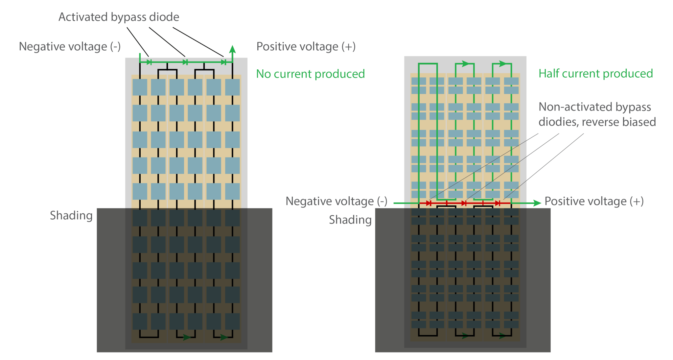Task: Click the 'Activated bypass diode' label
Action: pyautogui.click(x=119, y=17)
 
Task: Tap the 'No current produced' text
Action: pyautogui.click(x=310, y=74)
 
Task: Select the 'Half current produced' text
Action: pyautogui.click(x=595, y=74)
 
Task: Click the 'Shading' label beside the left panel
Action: pyautogui.click(x=71, y=216)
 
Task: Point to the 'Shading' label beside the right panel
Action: pyautogui.click(x=350, y=220)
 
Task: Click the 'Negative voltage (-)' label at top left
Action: pyautogui.click(x=70, y=47)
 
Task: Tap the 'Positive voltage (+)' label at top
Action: pyautogui.click(x=306, y=47)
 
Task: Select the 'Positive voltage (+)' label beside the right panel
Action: pyautogui.click(x=594, y=201)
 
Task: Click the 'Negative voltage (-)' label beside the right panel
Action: pyautogui.click(x=336, y=201)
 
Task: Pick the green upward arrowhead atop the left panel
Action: pyautogui.click(x=233, y=49)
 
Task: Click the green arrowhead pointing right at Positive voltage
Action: pyautogui.click(x=537, y=203)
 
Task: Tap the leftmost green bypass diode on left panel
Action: pyautogui.click(x=149, y=62)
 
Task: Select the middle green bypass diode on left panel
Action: pyautogui.click(x=185, y=62)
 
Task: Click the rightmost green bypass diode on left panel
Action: pyautogui.click(x=223, y=62)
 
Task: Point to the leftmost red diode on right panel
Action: pyautogui.click(x=429, y=203)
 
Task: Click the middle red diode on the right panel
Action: pyautogui.click(x=464, y=203)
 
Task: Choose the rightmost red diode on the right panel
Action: pyautogui.click(x=498, y=203)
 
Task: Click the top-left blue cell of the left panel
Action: pyautogui.click(x=140, y=87)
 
